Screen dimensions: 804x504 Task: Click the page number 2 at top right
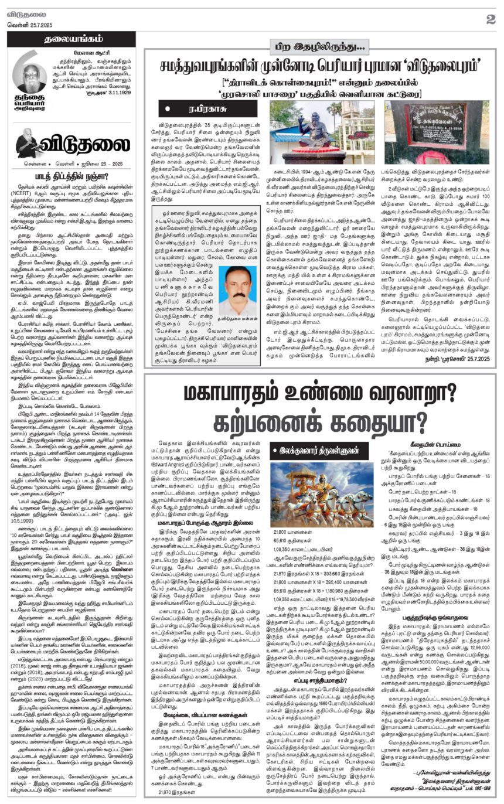[491, 19]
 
